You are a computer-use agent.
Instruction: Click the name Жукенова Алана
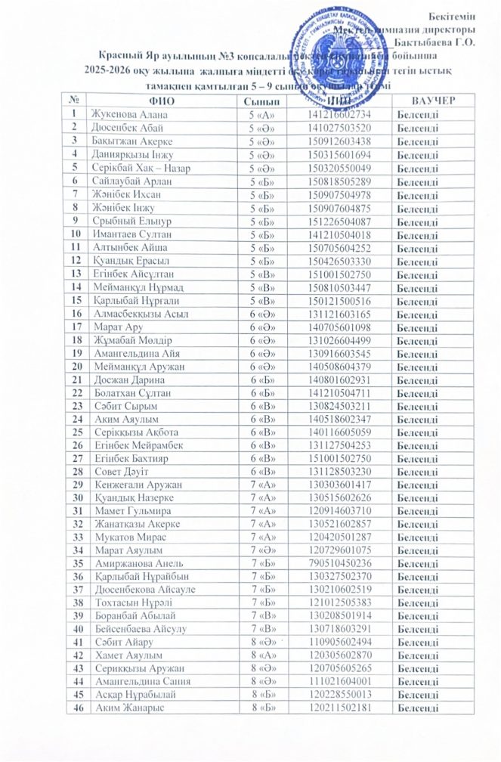[x=128, y=114]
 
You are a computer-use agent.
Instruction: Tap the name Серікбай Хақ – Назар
[x=141, y=168]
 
